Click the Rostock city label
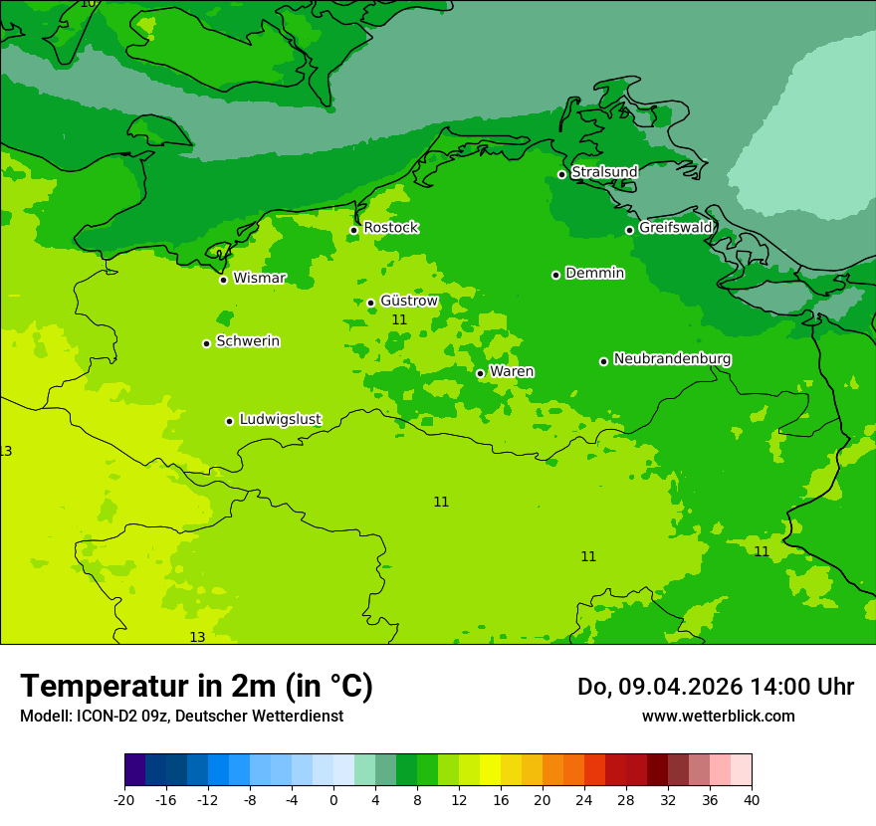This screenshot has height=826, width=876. click(390, 228)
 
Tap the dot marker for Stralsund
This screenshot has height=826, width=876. click(561, 174)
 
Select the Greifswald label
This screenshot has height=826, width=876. click(675, 228)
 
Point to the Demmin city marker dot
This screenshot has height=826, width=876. click(555, 275)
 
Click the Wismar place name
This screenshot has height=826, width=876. click(259, 279)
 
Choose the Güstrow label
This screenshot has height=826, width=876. click(408, 301)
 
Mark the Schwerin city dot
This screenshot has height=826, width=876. click(206, 343)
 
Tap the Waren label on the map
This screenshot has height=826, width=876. click(512, 372)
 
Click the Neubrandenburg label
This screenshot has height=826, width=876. click(672, 359)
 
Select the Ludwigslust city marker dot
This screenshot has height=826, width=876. click(229, 421)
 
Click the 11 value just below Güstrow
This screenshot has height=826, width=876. click(399, 320)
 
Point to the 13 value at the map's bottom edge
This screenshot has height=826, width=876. click(197, 637)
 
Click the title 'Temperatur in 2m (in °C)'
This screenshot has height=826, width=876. click(196, 687)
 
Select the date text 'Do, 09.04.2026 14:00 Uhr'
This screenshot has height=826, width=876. click(716, 687)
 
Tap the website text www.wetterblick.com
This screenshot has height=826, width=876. click(718, 717)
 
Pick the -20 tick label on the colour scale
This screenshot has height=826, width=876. click(124, 800)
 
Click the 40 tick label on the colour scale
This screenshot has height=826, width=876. click(752, 800)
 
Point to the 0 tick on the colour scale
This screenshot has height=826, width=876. click(333, 800)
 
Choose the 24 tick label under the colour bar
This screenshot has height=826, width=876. click(584, 800)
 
